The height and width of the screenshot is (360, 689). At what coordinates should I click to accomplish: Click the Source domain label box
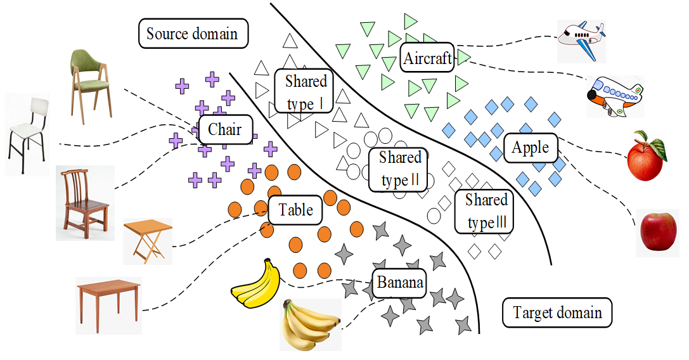point(192,34)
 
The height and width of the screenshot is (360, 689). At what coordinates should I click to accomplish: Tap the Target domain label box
point(557,312)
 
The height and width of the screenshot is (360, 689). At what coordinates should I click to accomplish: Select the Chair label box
point(225,130)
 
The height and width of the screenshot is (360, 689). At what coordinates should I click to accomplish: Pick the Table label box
point(296,210)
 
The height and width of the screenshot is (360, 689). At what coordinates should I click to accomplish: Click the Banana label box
point(399,282)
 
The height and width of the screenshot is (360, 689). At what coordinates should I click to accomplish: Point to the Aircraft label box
point(428,59)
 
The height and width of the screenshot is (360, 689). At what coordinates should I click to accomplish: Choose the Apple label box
point(531,148)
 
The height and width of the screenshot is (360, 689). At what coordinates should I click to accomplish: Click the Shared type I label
point(306,91)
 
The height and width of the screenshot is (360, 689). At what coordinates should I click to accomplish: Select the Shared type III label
point(486,212)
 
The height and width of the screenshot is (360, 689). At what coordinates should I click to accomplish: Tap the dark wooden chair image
point(85,203)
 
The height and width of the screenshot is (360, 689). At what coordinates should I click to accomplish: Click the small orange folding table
point(148,241)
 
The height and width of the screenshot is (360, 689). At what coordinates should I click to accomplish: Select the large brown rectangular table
point(108,305)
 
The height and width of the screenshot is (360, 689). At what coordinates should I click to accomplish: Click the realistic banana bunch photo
point(310,324)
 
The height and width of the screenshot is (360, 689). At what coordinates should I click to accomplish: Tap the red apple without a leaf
point(659,231)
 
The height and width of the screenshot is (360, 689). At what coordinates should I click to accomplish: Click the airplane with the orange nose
point(613,96)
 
